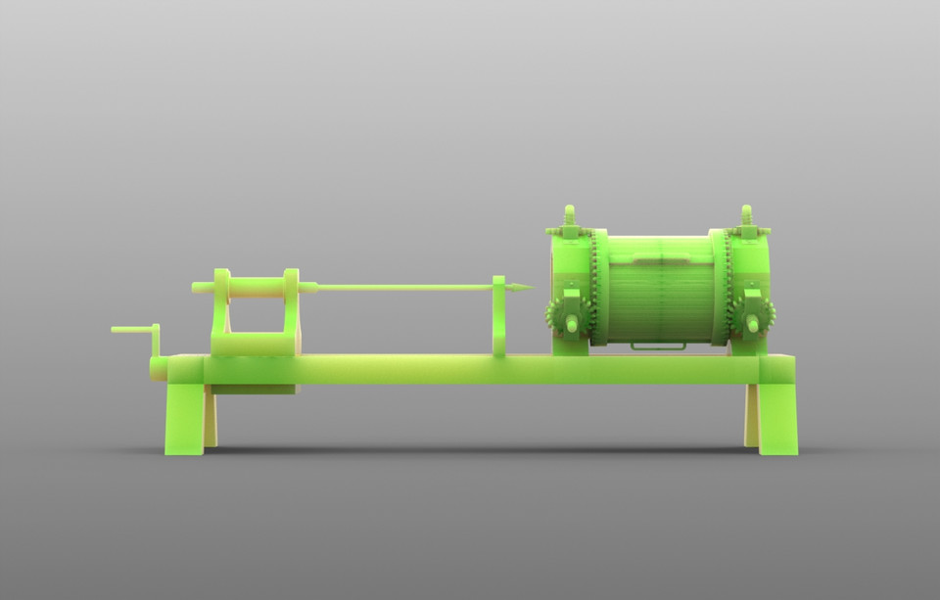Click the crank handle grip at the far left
[129, 330]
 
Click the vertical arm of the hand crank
[155, 344]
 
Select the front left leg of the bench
[184, 418]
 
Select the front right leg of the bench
[777, 418]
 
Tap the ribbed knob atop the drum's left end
[569, 215]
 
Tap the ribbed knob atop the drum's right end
[747, 215]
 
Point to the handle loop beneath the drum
[658, 346]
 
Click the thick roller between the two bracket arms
[258, 286]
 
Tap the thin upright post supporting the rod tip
[499, 318]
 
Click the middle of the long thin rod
[406, 287]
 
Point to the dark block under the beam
[253, 390]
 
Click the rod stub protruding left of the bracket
[202, 287]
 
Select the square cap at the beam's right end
[777, 369]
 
